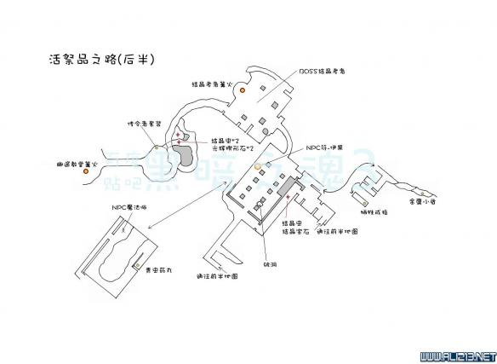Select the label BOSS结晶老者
316,73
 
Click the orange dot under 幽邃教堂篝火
86,172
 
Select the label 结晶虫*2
228,139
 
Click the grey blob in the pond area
182,157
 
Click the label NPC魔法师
129,207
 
